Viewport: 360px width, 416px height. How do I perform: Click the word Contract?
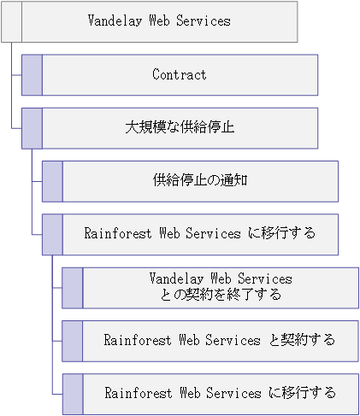point(180,74)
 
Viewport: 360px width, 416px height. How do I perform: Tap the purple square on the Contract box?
point(32,75)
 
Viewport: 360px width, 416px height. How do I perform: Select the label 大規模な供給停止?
point(180,127)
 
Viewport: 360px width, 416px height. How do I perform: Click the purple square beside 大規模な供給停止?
point(32,128)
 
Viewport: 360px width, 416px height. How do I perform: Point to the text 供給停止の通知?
point(200,180)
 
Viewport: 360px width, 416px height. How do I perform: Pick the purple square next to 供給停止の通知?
point(52,181)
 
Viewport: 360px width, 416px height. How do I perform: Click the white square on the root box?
point(11,21)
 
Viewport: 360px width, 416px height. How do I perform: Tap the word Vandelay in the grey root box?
point(115,21)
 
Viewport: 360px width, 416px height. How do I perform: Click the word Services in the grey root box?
point(204,21)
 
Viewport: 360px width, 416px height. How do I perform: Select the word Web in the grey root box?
point(159,21)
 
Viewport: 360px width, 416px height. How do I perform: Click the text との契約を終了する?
point(221,295)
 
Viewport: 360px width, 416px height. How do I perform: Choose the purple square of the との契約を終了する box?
point(73,288)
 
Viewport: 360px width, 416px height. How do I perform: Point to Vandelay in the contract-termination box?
point(176,278)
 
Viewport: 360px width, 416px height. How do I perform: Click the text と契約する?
point(302,340)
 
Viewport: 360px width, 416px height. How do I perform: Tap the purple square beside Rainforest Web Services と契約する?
point(73,341)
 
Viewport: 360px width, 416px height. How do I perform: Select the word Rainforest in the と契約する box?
point(138,340)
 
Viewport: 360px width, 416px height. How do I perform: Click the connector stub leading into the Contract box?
point(16,75)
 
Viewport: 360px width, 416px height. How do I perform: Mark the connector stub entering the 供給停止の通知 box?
point(37,181)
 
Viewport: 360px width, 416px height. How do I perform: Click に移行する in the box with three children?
point(281,233)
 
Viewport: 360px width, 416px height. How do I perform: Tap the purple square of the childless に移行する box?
point(73,394)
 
